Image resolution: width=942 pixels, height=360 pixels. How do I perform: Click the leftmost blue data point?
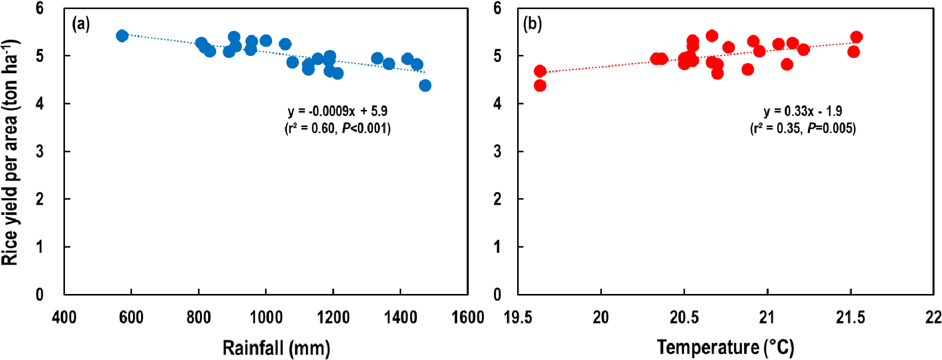[122, 36]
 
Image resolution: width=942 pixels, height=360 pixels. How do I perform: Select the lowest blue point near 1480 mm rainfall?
[425, 85]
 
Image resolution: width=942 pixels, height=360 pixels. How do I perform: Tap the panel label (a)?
[81, 24]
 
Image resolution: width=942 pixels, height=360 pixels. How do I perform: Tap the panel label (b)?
[532, 24]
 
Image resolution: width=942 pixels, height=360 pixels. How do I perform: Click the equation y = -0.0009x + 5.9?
[338, 111]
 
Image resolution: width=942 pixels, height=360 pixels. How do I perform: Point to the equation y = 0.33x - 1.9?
[803, 111]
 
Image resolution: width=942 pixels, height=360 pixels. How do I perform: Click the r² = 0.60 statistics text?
[338, 128]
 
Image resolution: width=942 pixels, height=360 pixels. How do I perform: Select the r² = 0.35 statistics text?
[803, 128]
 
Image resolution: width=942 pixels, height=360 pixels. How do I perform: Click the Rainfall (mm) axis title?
[276, 348]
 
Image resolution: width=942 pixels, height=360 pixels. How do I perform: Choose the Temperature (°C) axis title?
[725, 347]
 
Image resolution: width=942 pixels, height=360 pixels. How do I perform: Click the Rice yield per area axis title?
[10, 152]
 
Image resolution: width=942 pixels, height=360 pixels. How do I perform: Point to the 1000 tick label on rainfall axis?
[266, 317]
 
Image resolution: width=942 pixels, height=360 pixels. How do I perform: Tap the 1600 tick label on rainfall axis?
[467, 317]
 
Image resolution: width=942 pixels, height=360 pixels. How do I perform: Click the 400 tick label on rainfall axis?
[64, 317]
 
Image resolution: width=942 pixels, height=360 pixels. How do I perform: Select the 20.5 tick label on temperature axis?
[684, 317]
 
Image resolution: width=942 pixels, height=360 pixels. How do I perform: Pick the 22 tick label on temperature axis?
[933, 317]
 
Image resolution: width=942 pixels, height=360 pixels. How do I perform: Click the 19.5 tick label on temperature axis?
[518, 317]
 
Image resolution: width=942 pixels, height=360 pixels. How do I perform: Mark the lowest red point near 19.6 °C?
[540, 85]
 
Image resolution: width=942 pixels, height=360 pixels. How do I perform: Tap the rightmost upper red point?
[856, 37]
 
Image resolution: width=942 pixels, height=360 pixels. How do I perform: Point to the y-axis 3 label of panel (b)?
[497, 151]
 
